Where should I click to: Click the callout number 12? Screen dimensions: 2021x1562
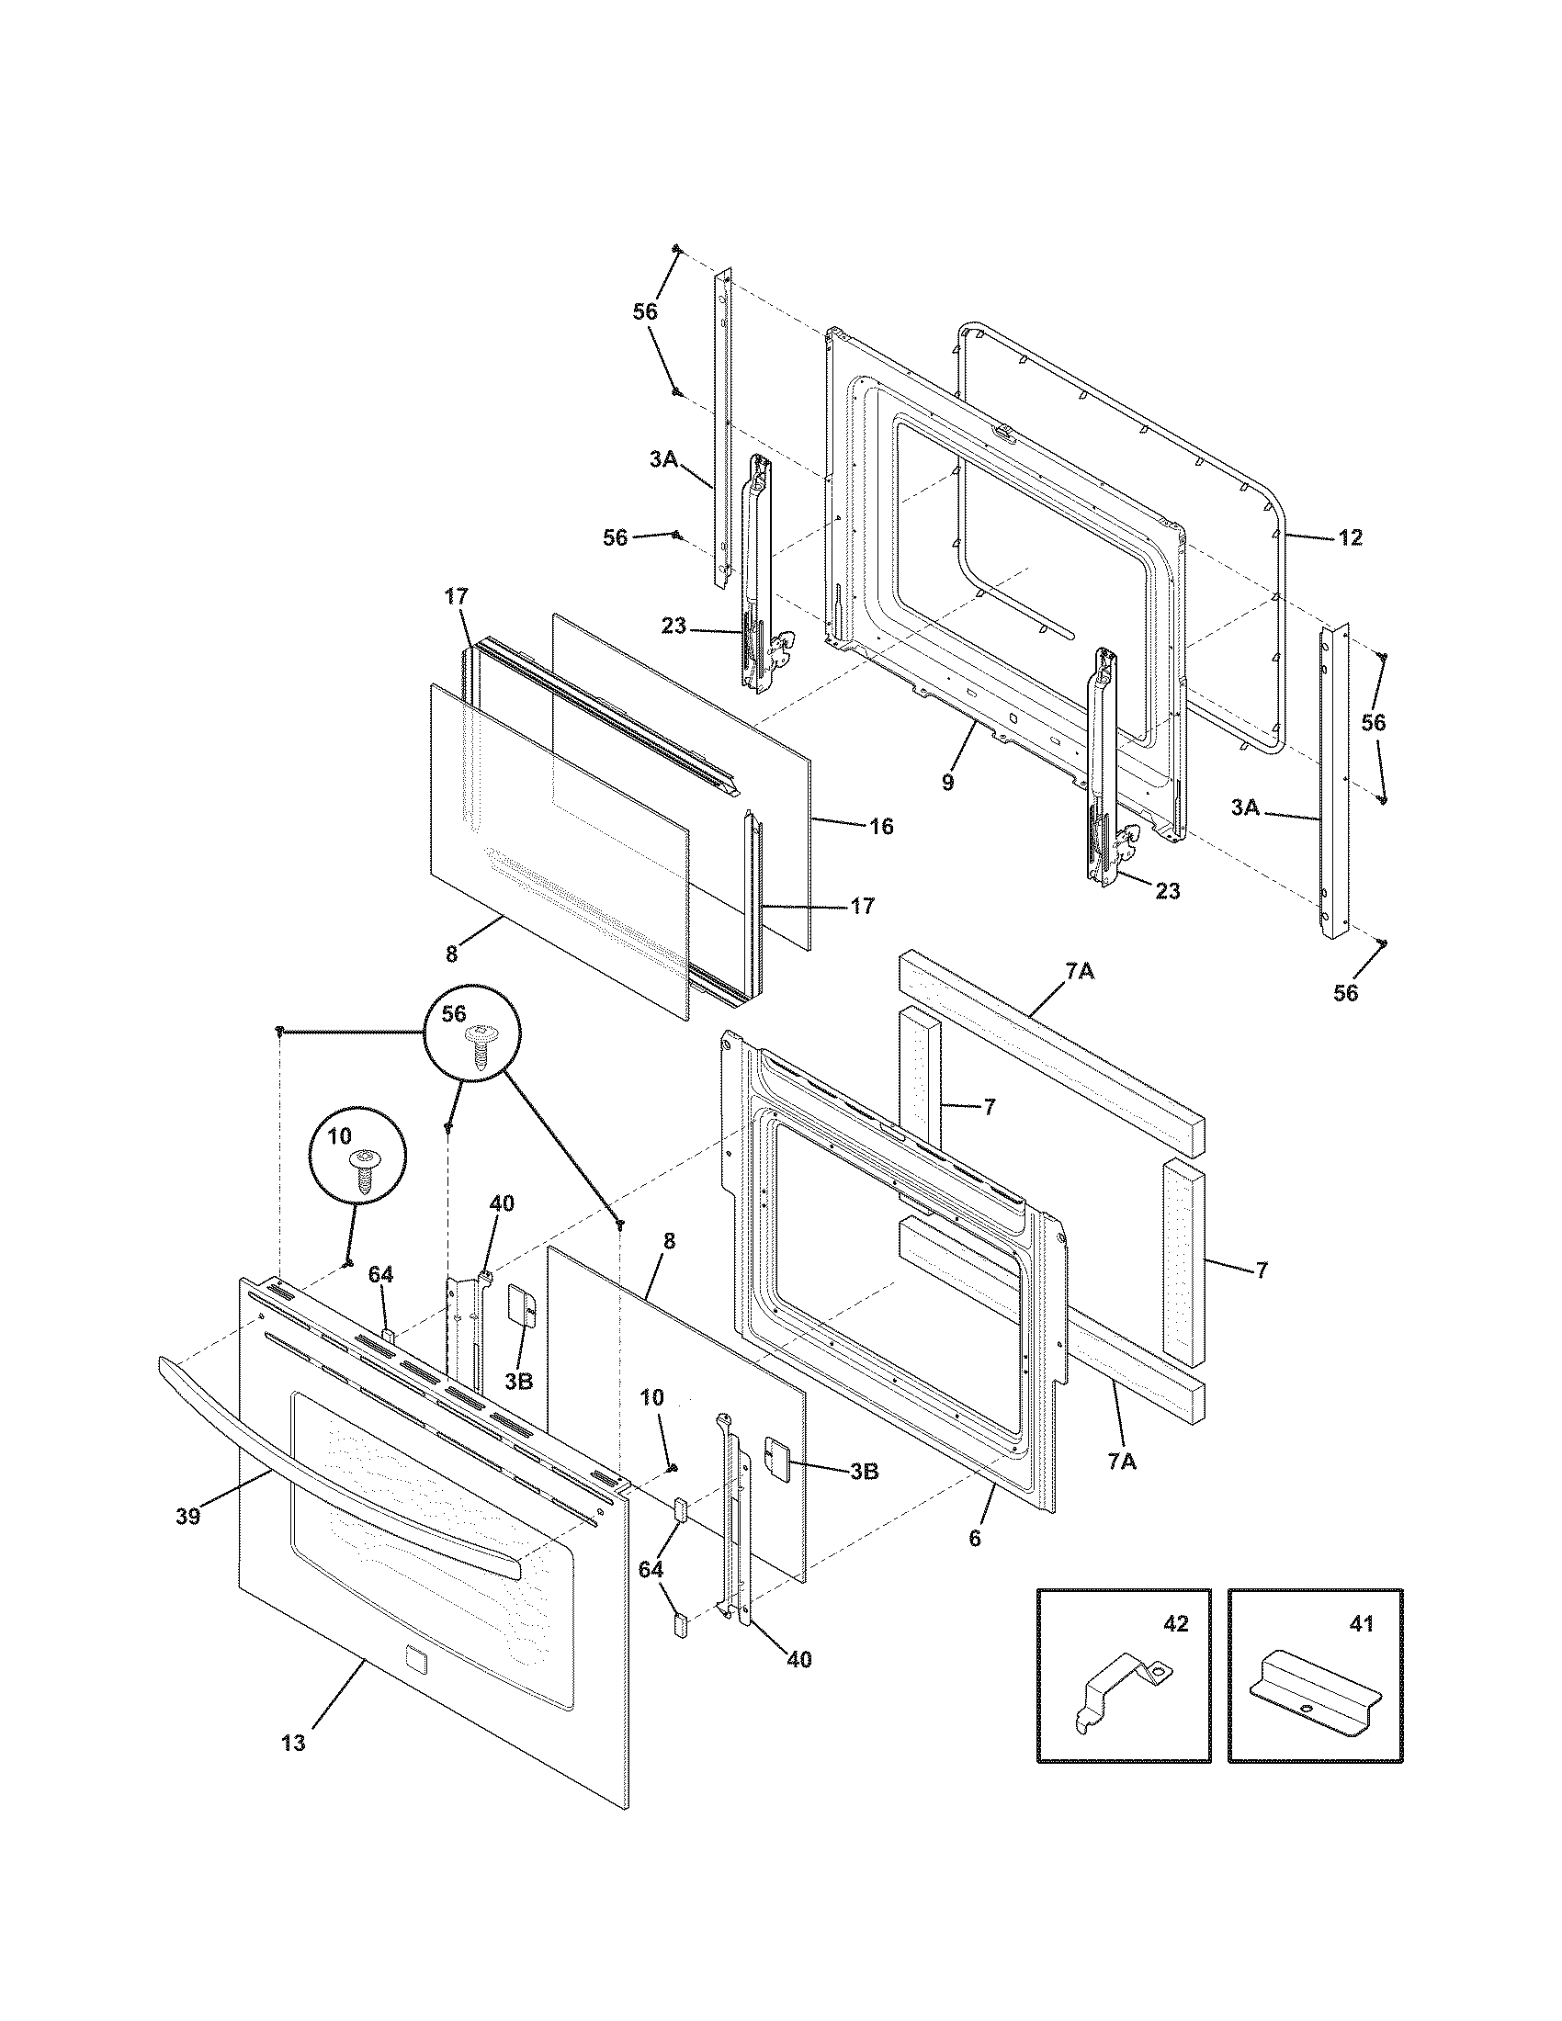(1350, 536)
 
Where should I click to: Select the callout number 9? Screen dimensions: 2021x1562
(946, 782)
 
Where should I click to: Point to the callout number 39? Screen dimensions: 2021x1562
(187, 1518)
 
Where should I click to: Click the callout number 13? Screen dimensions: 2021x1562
(292, 1744)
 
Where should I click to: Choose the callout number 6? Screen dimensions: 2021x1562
(974, 1538)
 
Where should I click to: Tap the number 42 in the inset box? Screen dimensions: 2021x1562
(1175, 1624)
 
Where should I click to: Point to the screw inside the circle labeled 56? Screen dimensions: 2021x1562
(480, 1047)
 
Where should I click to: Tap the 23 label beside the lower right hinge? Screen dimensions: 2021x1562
(1168, 890)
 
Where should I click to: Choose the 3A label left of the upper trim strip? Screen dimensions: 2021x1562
(663, 458)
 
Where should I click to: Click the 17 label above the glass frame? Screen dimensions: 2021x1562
(457, 597)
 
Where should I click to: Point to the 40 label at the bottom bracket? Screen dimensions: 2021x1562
(798, 1659)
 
